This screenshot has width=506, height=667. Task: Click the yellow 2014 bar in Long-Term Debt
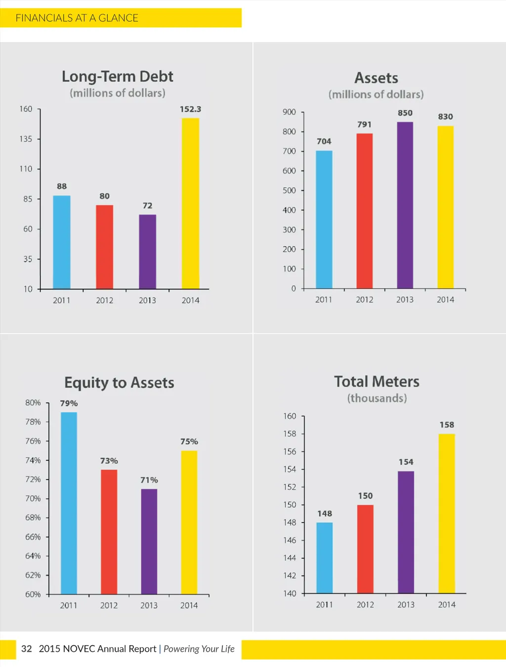coord(190,203)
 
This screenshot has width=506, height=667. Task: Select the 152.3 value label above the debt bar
coord(190,109)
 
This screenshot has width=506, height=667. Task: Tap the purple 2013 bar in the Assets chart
coord(405,205)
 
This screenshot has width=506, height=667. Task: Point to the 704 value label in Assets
coord(324,141)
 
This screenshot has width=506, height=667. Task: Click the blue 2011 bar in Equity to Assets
coord(69,503)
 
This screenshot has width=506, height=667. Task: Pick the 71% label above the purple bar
coord(149,480)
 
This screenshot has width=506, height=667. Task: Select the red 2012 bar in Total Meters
coord(365,549)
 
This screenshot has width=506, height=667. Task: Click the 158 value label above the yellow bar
coord(447,425)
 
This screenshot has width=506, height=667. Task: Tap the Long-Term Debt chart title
coord(118,77)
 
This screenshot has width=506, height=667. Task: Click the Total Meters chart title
coord(377,382)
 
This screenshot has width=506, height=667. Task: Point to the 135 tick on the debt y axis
coord(26,139)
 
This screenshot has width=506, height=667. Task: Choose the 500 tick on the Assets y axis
coord(289,190)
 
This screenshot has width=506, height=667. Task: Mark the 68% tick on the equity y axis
coord(33,518)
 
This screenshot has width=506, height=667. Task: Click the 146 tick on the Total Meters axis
coord(290,540)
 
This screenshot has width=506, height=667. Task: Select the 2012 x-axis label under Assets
coord(365,300)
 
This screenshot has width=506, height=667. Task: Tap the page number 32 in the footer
coord(27,649)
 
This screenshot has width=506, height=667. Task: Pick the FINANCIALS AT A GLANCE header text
coord(77,18)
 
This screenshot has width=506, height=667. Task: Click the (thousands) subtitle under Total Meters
coord(377,398)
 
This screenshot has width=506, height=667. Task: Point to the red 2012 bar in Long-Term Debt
coord(104,247)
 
